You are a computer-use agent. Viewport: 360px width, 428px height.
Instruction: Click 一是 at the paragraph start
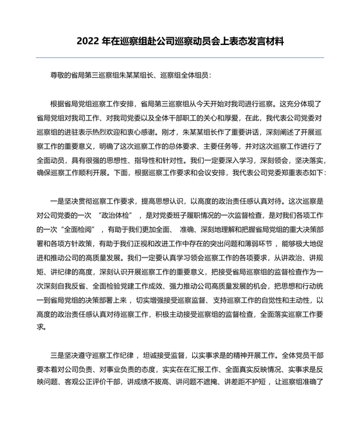pyautogui.click(x=56, y=203)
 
